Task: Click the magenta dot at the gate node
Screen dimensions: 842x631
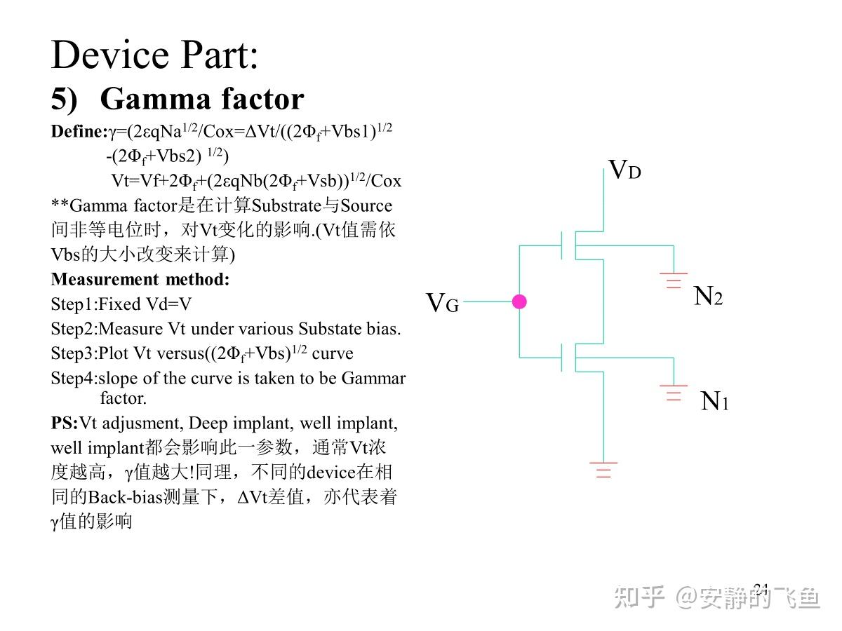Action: [519, 301]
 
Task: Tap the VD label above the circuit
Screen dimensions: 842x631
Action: [625, 170]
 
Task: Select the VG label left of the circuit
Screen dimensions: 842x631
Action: [442, 303]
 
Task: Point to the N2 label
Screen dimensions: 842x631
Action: [708, 296]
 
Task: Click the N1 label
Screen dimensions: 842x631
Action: [714, 401]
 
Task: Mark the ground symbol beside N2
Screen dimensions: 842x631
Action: [674, 280]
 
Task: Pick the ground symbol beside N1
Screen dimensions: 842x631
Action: [674, 393]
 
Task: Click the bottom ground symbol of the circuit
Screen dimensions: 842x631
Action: [603, 470]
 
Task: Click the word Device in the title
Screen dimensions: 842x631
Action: [109, 55]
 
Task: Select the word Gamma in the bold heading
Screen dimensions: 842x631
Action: [156, 100]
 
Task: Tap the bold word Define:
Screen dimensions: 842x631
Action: [79, 131]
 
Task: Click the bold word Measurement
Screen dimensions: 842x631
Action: [105, 279]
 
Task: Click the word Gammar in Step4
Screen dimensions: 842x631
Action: [373, 378]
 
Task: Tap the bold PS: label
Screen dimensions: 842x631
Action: [65, 423]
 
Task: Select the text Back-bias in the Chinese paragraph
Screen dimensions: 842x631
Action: [126, 497]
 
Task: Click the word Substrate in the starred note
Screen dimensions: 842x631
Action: [286, 205]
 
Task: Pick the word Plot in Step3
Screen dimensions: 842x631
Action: [113, 353]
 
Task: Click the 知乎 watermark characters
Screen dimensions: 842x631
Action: [639, 597]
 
